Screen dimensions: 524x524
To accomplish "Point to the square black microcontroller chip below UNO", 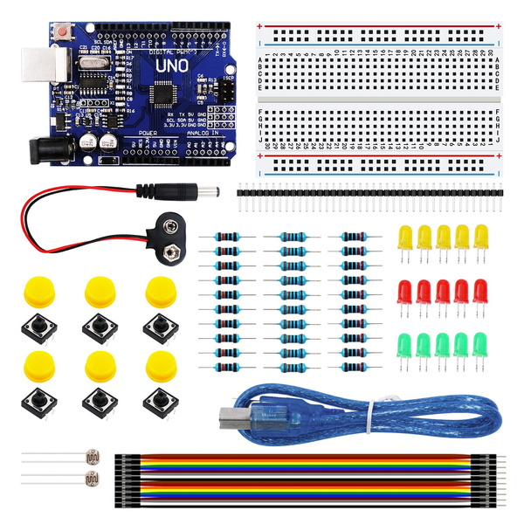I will pyautogui.click(x=163, y=93).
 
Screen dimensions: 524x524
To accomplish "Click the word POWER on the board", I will pyautogui.click(x=147, y=132).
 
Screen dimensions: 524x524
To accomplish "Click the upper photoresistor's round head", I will pyautogui.click(x=89, y=457).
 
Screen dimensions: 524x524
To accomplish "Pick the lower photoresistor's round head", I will pyautogui.click(x=89, y=478).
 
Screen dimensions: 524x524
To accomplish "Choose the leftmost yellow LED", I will pyautogui.click(x=404, y=237).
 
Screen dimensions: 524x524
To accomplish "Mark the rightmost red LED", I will pyautogui.click(x=480, y=291).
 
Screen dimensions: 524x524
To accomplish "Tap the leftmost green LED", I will pyautogui.click(x=404, y=344).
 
